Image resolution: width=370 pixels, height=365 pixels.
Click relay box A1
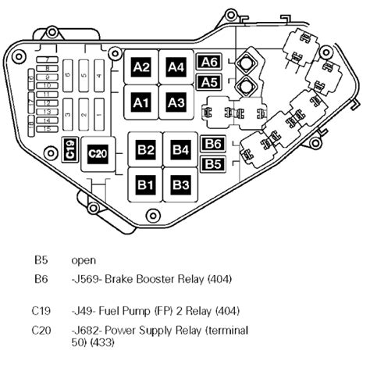click(141, 102)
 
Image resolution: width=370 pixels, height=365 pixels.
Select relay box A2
click(141, 67)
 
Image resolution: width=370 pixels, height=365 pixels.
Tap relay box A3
click(176, 102)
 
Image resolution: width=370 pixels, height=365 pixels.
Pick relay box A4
click(176, 67)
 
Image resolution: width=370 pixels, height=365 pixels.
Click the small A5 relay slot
click(209, 82)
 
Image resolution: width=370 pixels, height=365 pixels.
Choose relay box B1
click(146, 184)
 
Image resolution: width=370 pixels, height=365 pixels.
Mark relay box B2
click(146, 149)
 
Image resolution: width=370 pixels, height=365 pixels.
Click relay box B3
click(180, 184)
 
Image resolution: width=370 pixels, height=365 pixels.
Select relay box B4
click(180, 149)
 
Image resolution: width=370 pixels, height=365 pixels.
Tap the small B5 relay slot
click(214, 163)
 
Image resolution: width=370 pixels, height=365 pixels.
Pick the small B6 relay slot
click(214, 144)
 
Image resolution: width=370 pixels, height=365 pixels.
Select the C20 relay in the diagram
click(97, 154)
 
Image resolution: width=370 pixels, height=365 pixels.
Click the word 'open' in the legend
click(83, 260)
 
